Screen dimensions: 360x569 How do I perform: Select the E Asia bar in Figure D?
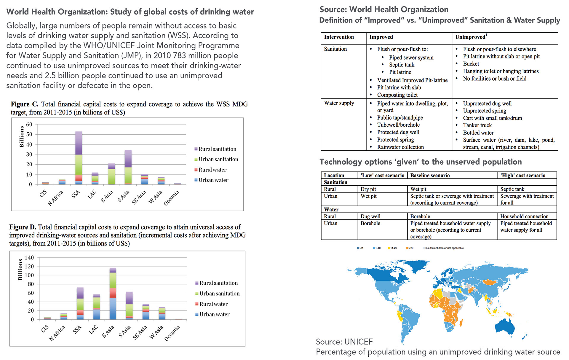click(x=113, y=294)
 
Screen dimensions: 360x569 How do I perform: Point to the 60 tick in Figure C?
click(x=29, y=125)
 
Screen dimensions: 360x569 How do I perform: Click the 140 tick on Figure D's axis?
click(x=29, y=258)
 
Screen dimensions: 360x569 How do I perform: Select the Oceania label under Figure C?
click(x=172, y=198)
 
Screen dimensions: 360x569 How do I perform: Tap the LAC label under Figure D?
click(x=93, y=329)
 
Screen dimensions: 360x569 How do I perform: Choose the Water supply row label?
click(x=339, y=103)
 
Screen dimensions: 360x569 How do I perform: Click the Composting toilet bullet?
click(x=397, y=95)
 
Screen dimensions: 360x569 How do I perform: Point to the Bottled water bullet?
click(x=478, y=133)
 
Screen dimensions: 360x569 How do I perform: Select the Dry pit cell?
click(x=368, y=189)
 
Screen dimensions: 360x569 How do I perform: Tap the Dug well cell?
click(x=370, y=216)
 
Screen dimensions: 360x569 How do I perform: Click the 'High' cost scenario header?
click(x=523, y=175)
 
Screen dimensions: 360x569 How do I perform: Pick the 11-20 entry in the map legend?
click(x=392, y=248)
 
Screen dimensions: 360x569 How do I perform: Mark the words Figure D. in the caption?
click(x=23, y=227)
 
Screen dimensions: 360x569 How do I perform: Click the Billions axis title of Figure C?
click(x=22, y=136)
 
